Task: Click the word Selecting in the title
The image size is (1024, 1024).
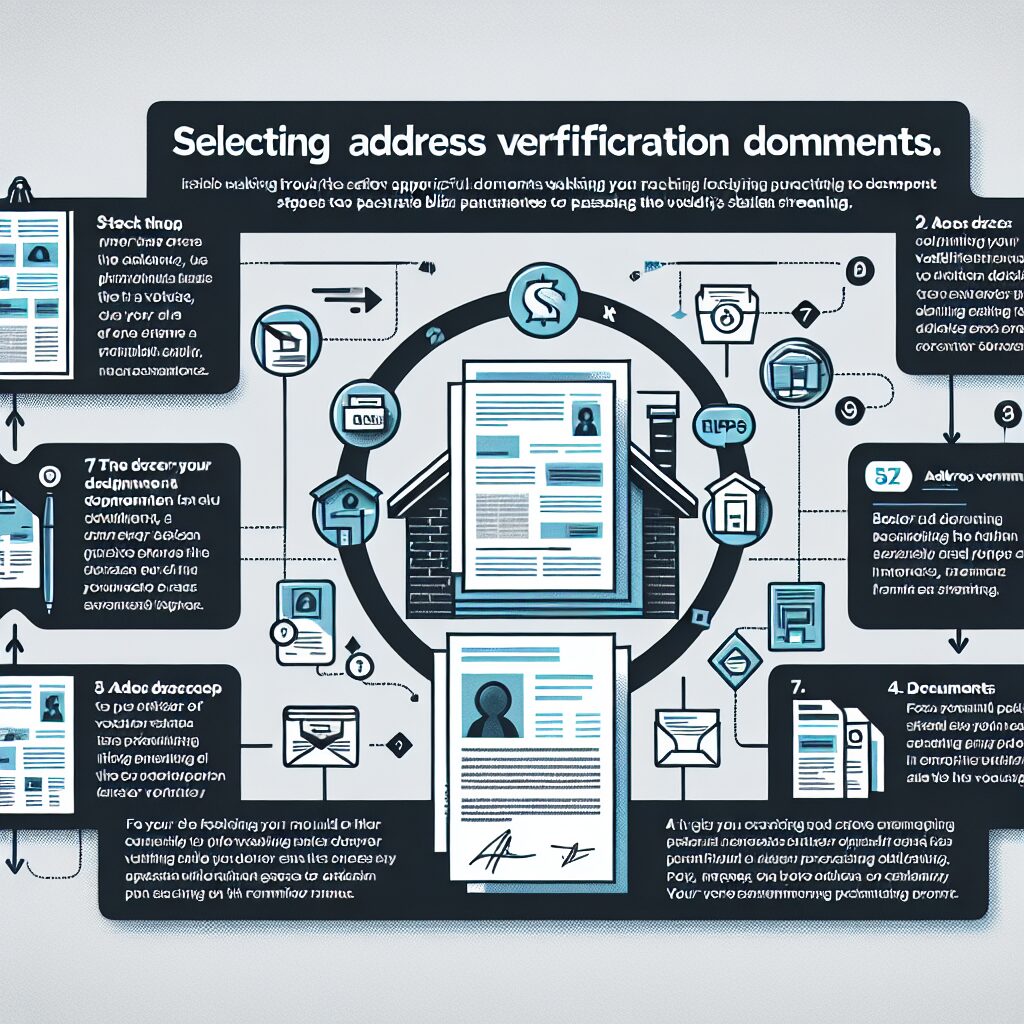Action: click(250, 141)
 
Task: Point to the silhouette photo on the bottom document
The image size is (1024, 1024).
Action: click(492, 692)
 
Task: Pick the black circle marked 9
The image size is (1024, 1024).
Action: click(852, 406)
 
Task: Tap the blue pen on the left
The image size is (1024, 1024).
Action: click(47, 550)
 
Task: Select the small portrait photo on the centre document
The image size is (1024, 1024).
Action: click(585, 420)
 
